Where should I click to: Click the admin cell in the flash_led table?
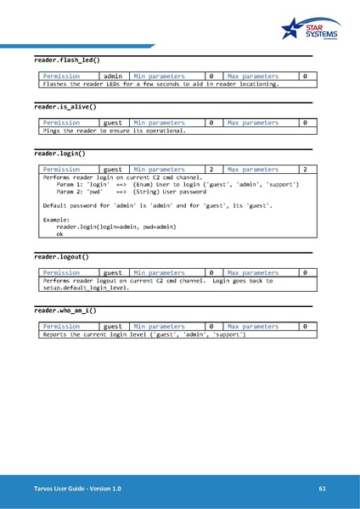(113, 76)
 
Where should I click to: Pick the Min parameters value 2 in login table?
(211, 170)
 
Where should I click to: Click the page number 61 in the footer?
(323, 489)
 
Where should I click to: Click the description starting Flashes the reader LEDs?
(160, 84)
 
